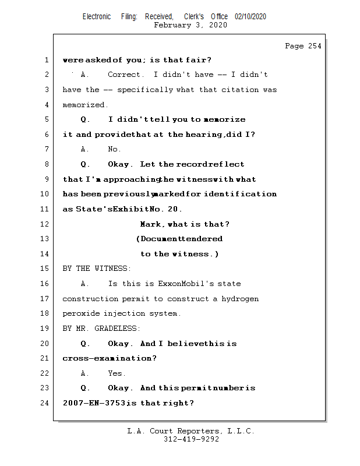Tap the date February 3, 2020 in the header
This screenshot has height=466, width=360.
click(190, 25)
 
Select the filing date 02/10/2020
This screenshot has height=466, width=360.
click(250, 16)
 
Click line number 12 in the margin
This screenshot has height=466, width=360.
click(46, 224)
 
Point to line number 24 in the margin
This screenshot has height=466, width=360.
click(46, 403)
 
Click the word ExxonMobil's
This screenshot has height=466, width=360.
click(186, 284)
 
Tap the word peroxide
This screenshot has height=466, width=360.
click(81, 313)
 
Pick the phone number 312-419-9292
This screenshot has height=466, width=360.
click(191, 440)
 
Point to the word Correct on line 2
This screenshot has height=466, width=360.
click(125, 75)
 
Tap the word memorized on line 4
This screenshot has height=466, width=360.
click(85, 105)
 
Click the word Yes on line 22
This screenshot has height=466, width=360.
click(117, 373)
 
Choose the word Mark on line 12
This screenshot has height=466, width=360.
click(150, 224)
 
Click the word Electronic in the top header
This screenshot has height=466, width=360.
click(97, 16)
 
